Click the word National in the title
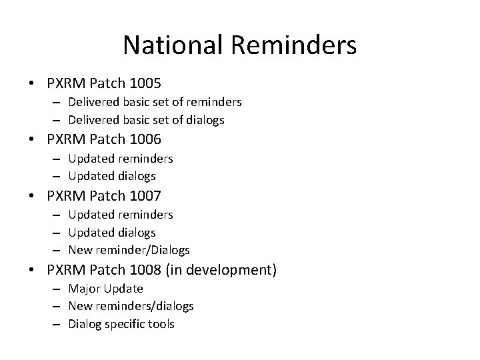[176, 45]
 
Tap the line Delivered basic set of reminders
[155, 103]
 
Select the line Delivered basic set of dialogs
[146, 120]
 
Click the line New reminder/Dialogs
[129, 250]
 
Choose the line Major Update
[105, 289]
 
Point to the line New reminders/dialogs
[131, 306]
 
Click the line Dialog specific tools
[121, 324]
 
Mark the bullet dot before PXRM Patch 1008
[33, 271]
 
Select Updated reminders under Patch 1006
[120, 159]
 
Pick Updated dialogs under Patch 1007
[111, 233]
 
